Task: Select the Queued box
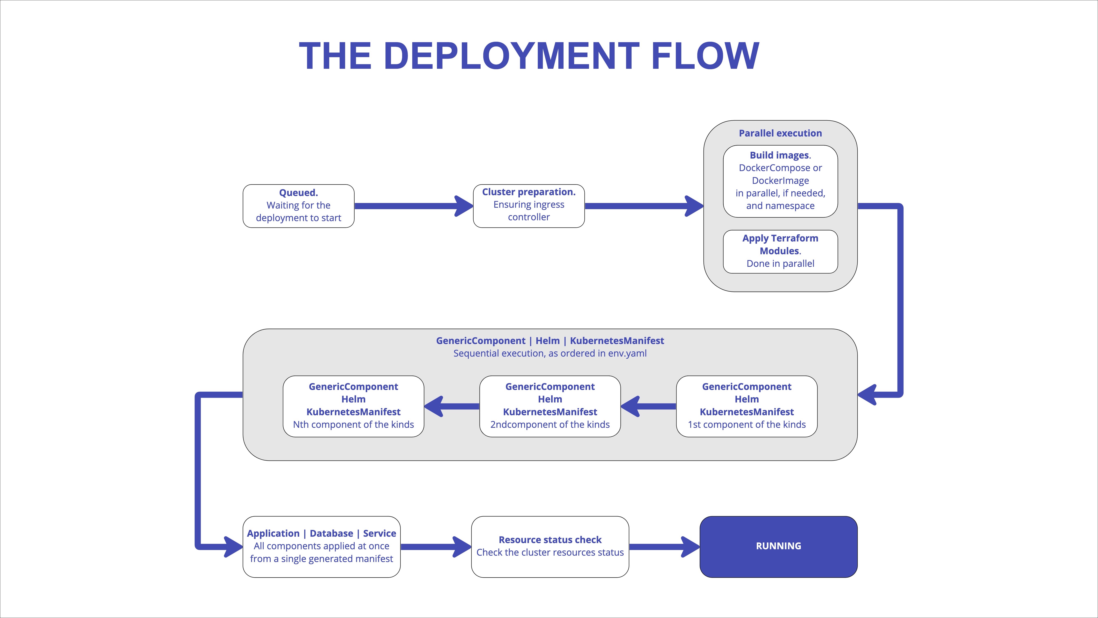tap(298, 206)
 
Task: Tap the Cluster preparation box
tap(529, 206)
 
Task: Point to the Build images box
tap(780, 181)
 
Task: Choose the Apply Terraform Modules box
tap(780, 252)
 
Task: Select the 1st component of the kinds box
tap(746, 406)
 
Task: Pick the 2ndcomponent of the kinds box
tap(550, 406)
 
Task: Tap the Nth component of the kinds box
tap(353, 406)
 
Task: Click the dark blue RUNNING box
tap(778, 546)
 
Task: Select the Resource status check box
tap(550, 546)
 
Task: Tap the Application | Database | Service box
tap(321, 546)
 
